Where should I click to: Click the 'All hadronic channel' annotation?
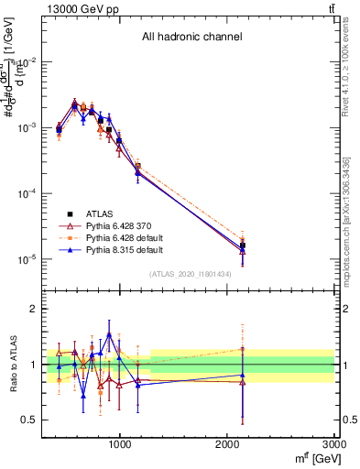191,38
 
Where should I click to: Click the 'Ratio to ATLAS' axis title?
12,365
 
